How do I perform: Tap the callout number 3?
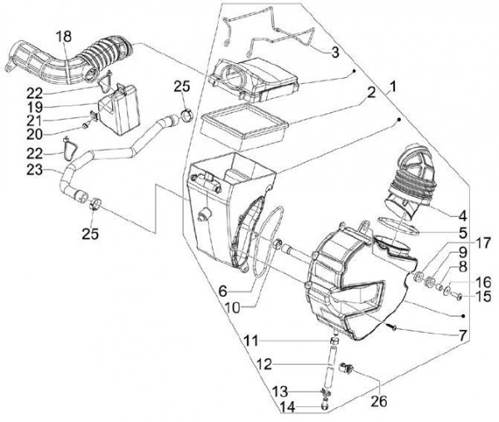point(334,52)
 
